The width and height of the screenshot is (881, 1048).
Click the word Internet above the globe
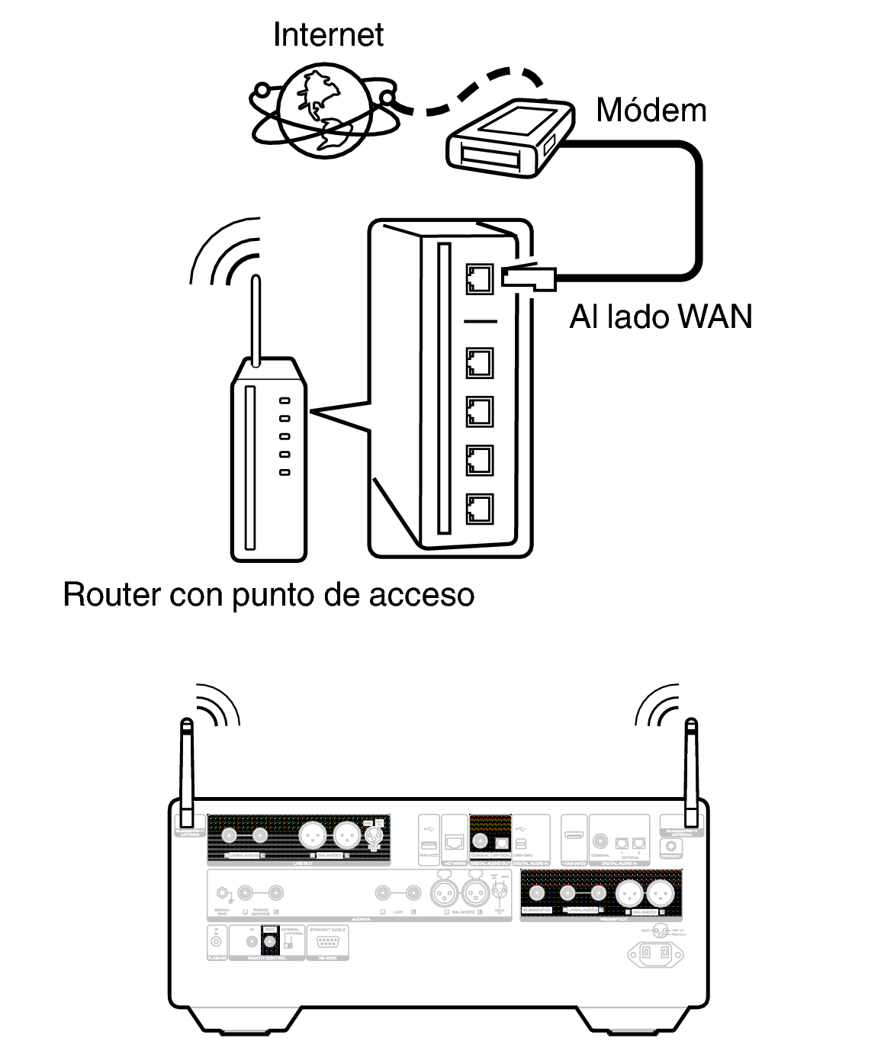pyautogui.click(x=328, y=35)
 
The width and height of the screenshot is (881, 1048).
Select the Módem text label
pyautogui.click(x=651, y=111)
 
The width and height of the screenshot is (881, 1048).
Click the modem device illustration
pyautogui.click(x=508, y=136)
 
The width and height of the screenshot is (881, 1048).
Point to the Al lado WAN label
pyautogui.click(x=661, y=316)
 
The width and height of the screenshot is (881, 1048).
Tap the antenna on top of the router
pyautogui.click(x=256, y=320)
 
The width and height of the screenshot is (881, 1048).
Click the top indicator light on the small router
pyautogui.click(x=285, y=400)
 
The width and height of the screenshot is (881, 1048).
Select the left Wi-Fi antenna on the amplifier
pyautogui.click(x=186, y=770)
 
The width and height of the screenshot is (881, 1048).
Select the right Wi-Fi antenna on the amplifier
pyautogui.click(x=691, y=770)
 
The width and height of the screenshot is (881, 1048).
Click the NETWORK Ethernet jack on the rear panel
pyautogui.click(x=455, y=842)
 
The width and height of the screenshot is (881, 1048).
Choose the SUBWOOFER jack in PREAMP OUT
pyautogui.click(x=537, y=893)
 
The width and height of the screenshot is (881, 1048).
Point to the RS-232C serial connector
pyautogui.click(x=327, y=942)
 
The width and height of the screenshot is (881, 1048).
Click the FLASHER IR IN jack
pyautogui.click(x=217, y=943)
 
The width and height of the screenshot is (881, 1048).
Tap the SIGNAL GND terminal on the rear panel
pyautogui.click(x=222, y=892)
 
